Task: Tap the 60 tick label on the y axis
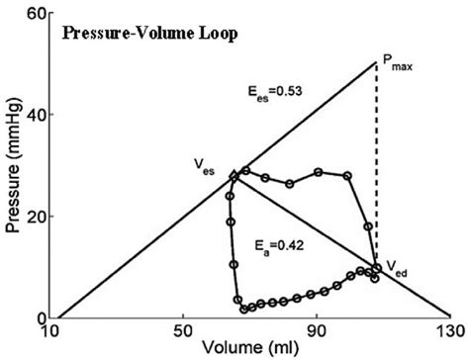[x=38, y=13]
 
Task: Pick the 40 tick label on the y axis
[x=38, y=115]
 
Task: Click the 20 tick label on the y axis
[x=38, y=216]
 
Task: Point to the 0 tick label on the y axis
[x=43, y=317]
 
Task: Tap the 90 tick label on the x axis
[x=317, y=332]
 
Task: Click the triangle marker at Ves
[x=233, y=175]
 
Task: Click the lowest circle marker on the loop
[x=243, y=309]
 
